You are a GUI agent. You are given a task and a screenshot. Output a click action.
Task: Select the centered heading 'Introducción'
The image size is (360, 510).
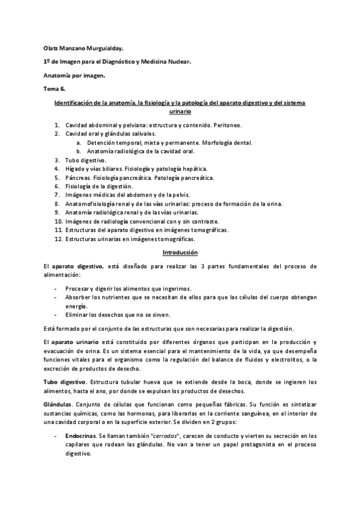click(180, 253)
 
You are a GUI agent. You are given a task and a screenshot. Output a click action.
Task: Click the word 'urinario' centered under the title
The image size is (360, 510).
click(180, 112)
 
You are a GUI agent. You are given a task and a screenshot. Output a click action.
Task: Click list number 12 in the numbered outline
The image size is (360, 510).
click(58, 239)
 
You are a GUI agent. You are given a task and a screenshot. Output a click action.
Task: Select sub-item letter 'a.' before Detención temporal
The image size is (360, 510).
click(79, 143)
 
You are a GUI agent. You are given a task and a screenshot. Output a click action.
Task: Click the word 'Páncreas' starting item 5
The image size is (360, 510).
click(78, 178)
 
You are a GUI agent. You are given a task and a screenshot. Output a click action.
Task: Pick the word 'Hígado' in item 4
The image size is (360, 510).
click(76, 169)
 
